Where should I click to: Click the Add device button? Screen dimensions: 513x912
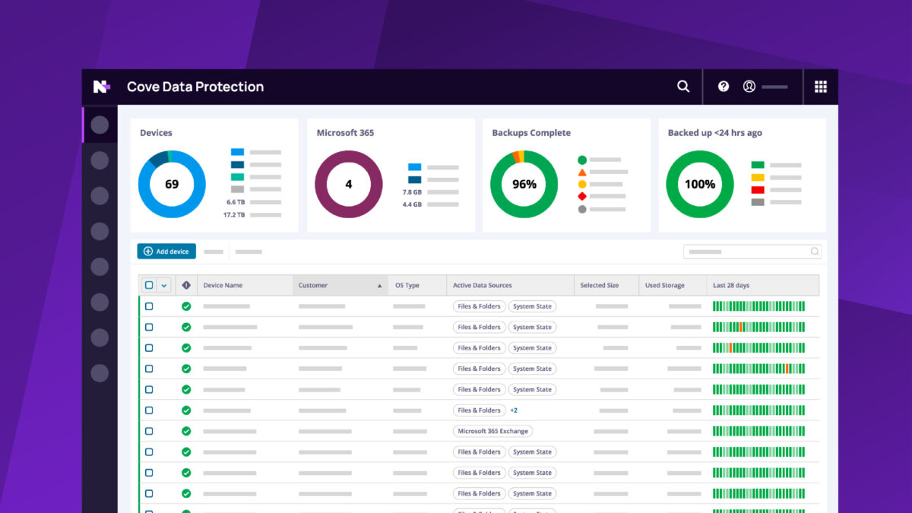[x=166, y=252]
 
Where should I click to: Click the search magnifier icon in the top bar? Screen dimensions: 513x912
[x=683, y=87]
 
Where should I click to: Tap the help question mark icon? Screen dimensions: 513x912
[x=724, y=87]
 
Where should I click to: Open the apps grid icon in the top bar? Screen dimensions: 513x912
[x=821, y=87]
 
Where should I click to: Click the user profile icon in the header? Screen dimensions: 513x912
[x=749, y=87]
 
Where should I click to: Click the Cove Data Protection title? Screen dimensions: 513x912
[x=195, y=87]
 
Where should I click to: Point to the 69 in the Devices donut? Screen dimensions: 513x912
[x=172, y=184]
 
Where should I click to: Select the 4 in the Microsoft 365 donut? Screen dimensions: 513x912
[x=349, y=184]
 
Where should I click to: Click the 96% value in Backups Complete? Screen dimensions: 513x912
[x=524, y=184]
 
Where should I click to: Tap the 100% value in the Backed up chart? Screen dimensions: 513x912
[x=700, y=184]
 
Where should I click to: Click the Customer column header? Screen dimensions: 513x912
[x=313, y=286]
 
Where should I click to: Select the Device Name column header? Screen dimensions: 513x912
[x=223, y=286]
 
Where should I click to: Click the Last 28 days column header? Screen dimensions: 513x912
[x=731, y=286]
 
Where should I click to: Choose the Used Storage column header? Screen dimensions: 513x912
[x=664, y=286]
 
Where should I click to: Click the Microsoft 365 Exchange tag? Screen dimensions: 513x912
[x=492, y=431]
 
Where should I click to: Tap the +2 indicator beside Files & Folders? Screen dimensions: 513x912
[x=514, y=410]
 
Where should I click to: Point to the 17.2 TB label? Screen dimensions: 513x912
[x=234, y=215]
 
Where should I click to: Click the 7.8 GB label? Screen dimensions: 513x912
[x=412, y=192]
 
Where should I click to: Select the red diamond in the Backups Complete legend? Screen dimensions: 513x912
[x=582, y=196]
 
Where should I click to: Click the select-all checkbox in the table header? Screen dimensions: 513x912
[x=149, y=286]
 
